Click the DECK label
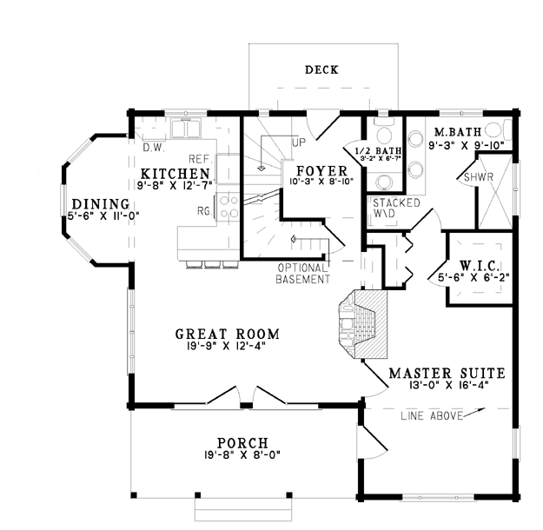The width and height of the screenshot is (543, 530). tap(321, 70)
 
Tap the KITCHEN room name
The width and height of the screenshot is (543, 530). tap(175, 173)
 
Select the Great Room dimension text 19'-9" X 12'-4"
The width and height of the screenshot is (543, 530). tap(227, 345)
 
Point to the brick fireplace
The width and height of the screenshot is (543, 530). tap(363, 324)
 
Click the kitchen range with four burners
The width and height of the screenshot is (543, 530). tap(228, 207)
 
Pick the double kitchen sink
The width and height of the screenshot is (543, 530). tap(186, 128)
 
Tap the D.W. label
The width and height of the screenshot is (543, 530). tap(154, 148)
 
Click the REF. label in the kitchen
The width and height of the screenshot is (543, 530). tap(201, 159)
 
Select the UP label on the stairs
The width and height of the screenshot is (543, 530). tap(299, 142)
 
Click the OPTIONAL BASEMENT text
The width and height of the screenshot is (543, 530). tap(302, 274)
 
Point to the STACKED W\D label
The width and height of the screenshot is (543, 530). tap(396, 208)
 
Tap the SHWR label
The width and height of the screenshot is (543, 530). tap(478, 177)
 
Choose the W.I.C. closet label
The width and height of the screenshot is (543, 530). tap(480, 266)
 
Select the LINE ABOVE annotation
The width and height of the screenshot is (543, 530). tap(432, 415)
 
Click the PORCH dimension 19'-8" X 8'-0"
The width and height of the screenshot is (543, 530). tap(242, 454)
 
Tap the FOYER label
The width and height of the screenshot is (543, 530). tap(321, 171)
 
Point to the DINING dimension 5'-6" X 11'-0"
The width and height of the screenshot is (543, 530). tap(103, 216)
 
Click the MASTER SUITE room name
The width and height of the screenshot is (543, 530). tap(447, 373)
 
